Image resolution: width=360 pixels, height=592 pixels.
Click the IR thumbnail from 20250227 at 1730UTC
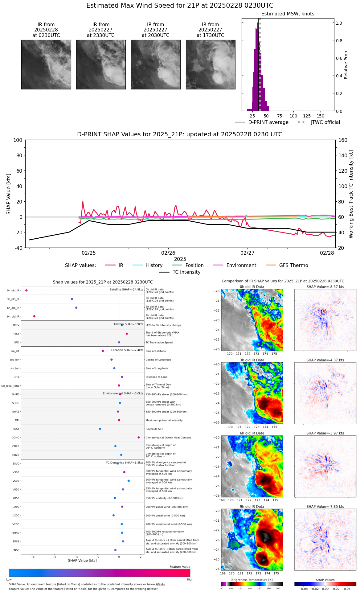[211, 64]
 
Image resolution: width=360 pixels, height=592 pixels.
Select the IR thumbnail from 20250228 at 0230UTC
[46, 64]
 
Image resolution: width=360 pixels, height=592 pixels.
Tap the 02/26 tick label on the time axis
[168, 253]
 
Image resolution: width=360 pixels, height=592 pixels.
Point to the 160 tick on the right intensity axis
[343, 140]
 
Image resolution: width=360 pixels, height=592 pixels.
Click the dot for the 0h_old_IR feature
[27, 290]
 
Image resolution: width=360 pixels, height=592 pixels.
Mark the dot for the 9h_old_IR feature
[34, 316]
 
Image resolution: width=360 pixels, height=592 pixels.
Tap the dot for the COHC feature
[139, 438]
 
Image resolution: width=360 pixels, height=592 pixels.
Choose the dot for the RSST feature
[100, 429]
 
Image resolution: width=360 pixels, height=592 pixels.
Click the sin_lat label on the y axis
[15, 351]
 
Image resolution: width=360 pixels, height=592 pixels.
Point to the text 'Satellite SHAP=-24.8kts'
[126, 290]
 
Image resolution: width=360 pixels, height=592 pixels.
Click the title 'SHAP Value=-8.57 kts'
[325, 287]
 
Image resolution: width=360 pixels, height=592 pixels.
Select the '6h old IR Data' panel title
[252, 433]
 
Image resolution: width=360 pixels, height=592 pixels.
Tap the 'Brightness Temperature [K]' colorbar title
[252, 580]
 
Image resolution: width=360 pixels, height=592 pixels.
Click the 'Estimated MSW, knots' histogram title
[288, 14]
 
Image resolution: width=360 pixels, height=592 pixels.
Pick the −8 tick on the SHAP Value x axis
[32, 557]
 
